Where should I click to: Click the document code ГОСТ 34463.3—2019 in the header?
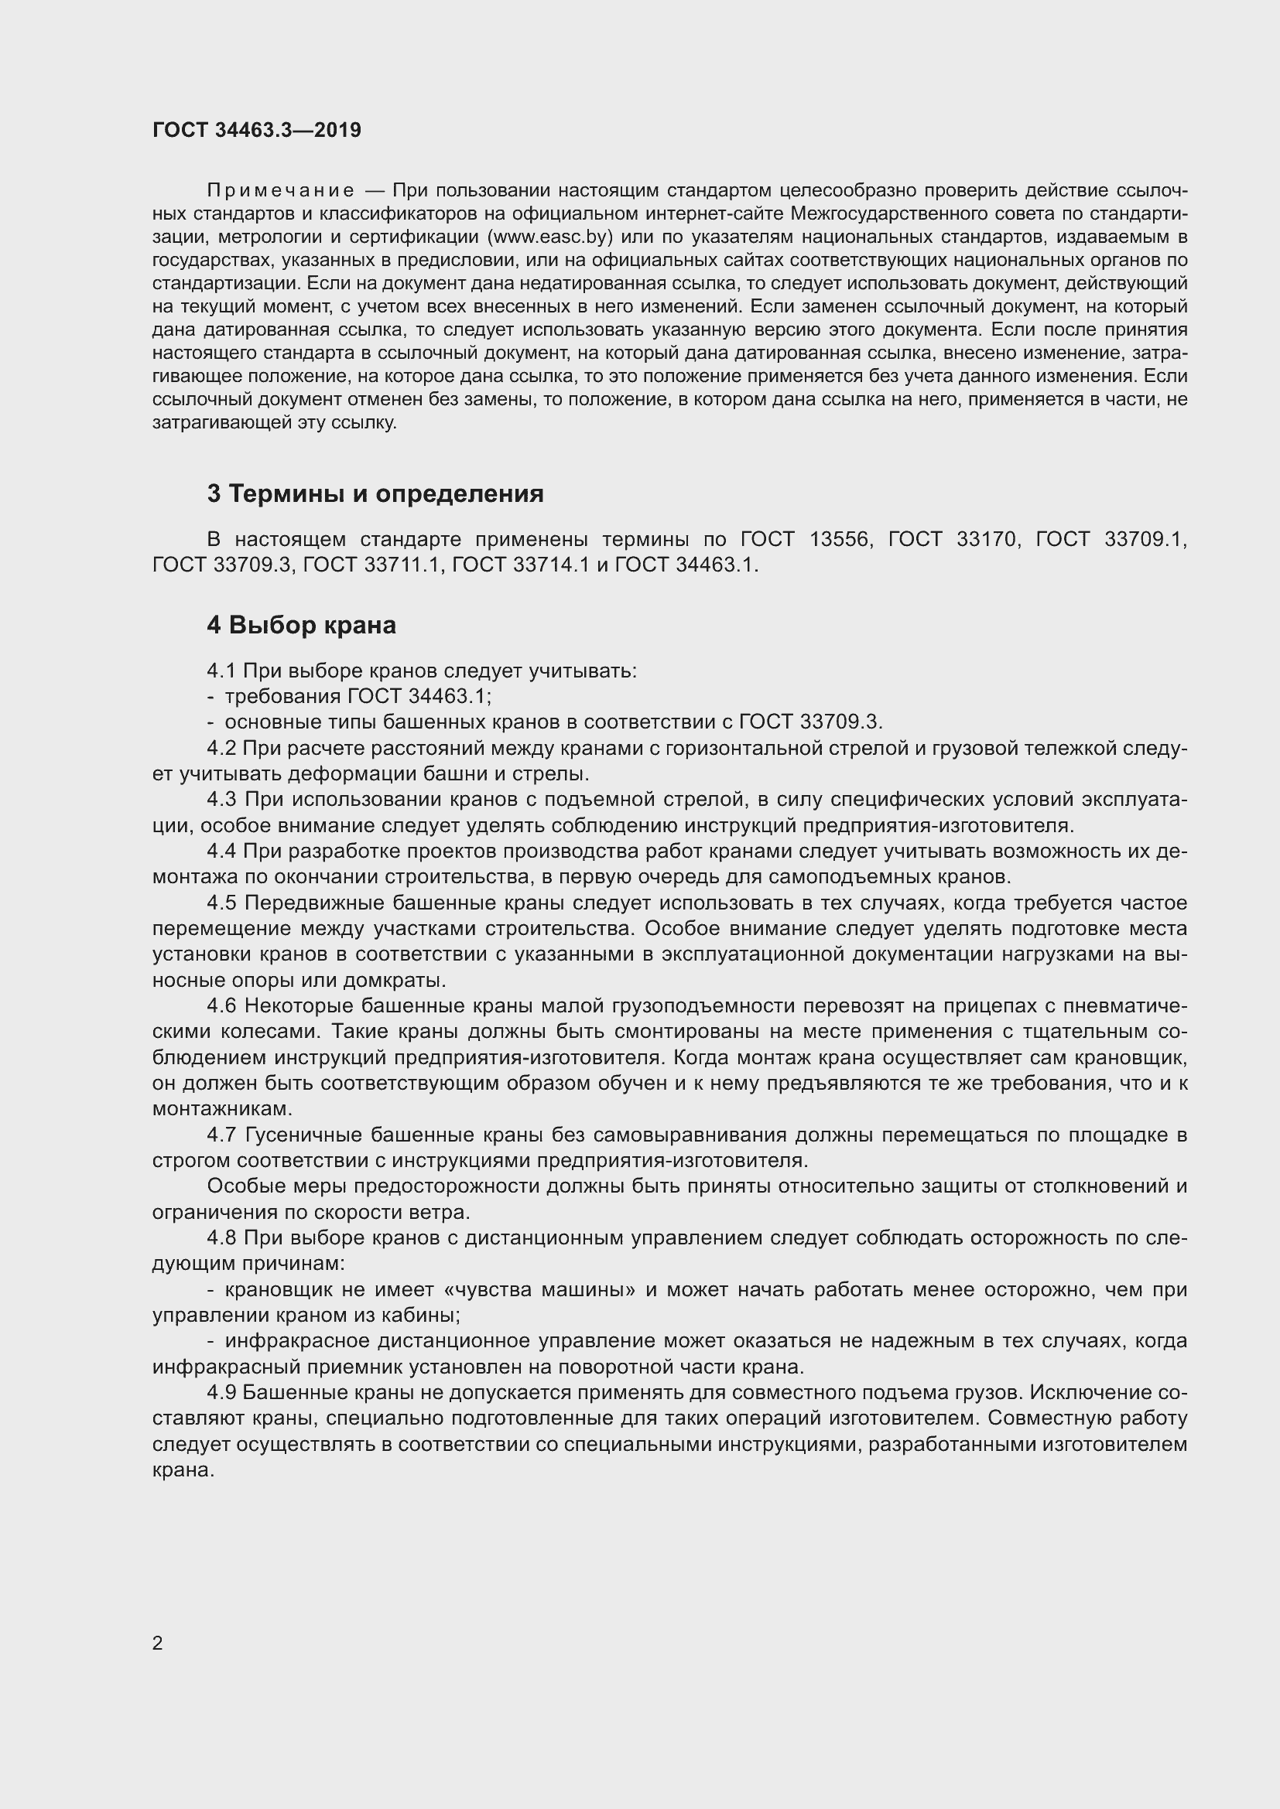point(257,131)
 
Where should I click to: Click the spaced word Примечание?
point(280,191)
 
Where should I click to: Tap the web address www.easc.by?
point(550,237)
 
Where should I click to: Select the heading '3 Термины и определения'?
point(375,494)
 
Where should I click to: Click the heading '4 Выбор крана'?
point(301,626)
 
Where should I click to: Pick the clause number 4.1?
point(221,671)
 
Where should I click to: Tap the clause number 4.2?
point(221,748)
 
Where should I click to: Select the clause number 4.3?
point(221,800)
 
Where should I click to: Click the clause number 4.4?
point(221,851)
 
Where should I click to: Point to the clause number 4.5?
point(221,903)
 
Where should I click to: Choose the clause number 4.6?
point(221,1006)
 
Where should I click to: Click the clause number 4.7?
point(221,1135)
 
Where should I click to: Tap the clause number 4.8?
point(221,1237)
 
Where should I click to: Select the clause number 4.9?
point(221,1393)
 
